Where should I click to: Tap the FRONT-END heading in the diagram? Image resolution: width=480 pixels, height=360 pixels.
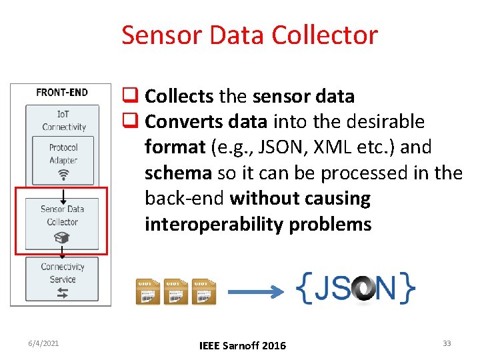(x=62, y=92)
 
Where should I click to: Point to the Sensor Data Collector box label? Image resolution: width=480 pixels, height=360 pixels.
(x=62, y=215)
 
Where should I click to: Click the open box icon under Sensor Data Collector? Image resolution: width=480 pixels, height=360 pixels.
(x=63, y=237)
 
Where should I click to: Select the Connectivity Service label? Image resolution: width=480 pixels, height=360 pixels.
(x=63, y=273)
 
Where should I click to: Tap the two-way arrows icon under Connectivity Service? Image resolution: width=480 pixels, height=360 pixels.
(x=63, y=293)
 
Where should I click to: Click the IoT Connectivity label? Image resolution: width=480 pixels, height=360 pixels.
(x=64, y=121)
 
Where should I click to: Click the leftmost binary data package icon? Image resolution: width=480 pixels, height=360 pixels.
(x=148, y=292)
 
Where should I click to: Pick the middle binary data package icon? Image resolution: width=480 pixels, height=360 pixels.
(x=176, y=292)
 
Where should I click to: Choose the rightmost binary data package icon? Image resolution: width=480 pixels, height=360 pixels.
(x=204, y=292)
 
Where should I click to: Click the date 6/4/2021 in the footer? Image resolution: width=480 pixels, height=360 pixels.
(x=44, y=343)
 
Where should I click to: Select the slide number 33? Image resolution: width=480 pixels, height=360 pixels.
(x=447, y=343)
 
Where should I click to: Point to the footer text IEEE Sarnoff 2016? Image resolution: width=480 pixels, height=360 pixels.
(x=243, y=345)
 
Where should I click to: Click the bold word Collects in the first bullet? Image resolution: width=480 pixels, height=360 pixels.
(x=179, y=97)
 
